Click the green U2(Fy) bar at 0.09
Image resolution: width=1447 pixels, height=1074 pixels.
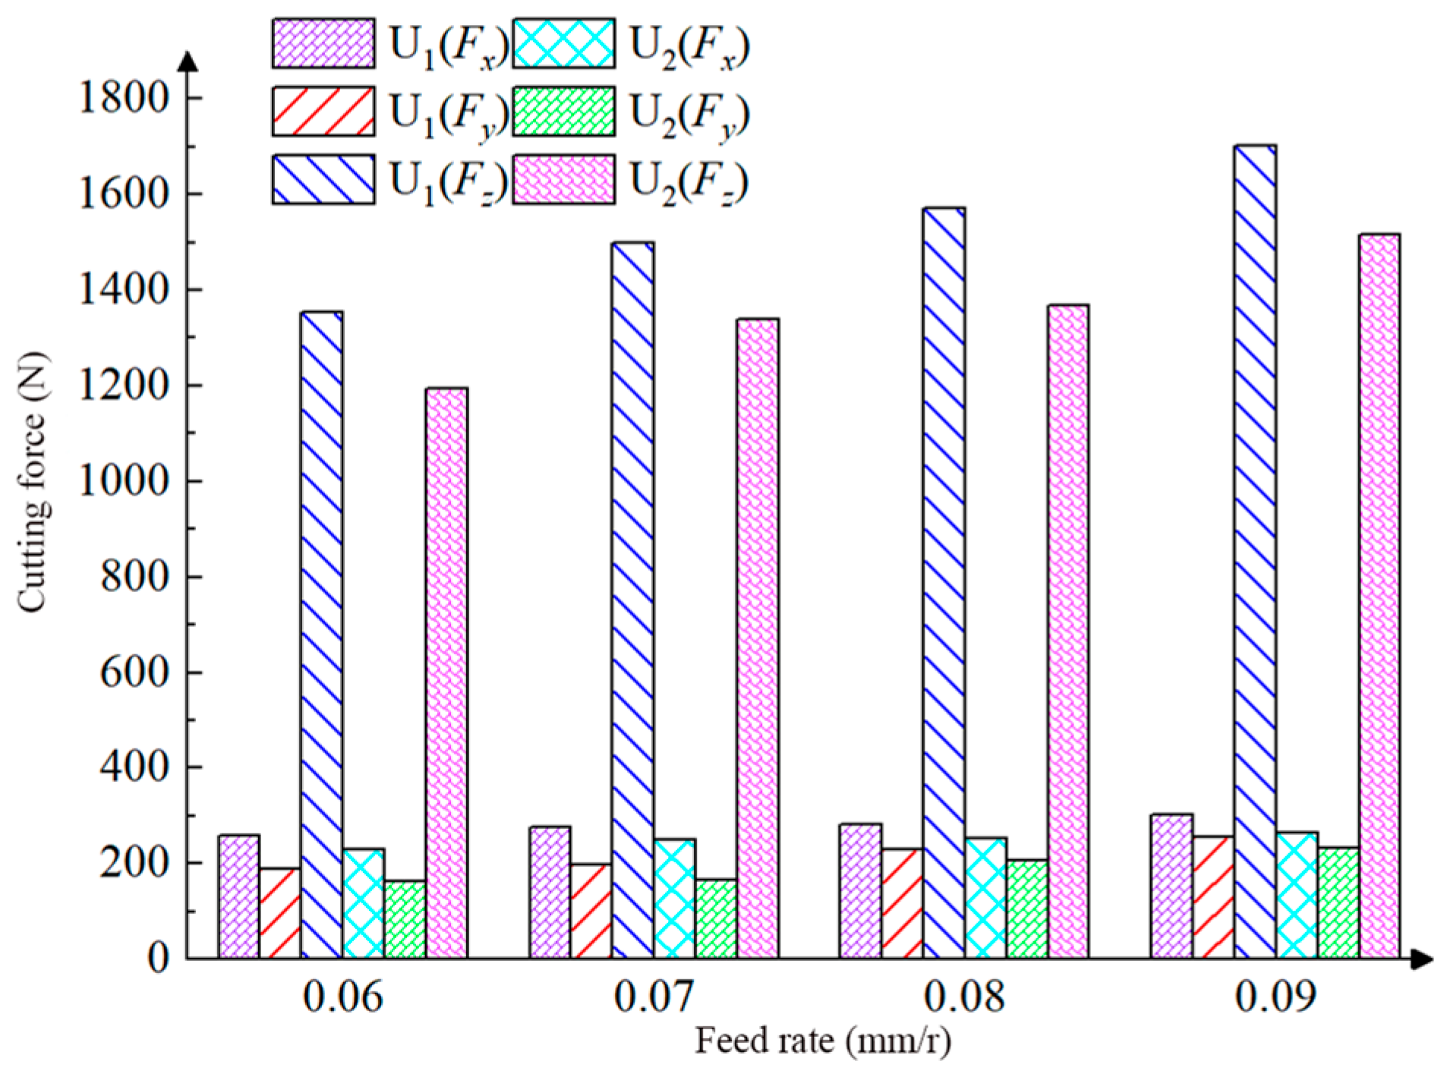pos(1338,902)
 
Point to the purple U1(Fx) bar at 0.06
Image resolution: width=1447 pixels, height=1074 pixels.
pos(239,896)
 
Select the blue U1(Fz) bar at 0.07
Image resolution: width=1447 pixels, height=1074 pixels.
pos(633,600)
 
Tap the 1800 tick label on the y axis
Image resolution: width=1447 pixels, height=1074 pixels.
pos(123,99)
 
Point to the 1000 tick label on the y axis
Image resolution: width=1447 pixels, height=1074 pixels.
pos(123,481)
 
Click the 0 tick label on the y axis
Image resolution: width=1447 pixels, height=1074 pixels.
pos(157,959)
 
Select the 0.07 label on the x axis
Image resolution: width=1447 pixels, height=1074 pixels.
pos(653,997)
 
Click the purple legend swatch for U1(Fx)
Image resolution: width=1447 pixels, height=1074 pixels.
pos(323,44)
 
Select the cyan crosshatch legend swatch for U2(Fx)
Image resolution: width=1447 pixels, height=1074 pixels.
pos(563,44)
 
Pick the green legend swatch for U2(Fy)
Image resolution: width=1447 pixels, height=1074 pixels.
pos(563,112)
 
